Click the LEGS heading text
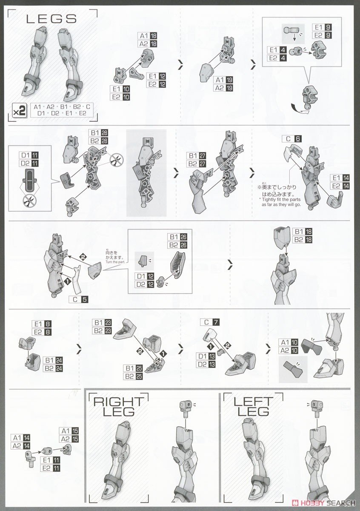pyautogui.click(x=51, y=19)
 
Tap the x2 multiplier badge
pyautogui.click(x=20, y=111)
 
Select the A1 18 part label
pyautogui.click(x=148, y=36)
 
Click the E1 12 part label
pyautogui.click(x=156, y=76)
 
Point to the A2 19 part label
pyautogui.click(x=223, y=88)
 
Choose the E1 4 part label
pyautogui.click(x=277, y=50)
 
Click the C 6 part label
pyautogui.click(x=292, y=139)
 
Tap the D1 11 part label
pyautogui.click(x=29, y=155)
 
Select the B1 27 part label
pyautogui.click(x=196, y=156)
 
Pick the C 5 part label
pyautogui.click(x=78, y=299)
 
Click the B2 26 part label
pyautogui.click(x=177, y=245)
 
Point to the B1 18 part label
pyautogui.click(x=302, y=232)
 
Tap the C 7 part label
pyautogui.click(x=210, y=322)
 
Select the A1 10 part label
pyautogui.click(x=289, y=342)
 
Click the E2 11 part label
pyautogui.click(x=50, y=468)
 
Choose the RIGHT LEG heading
pyautogui.click(x=119, y=407)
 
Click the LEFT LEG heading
pyautogui.click(x=253, y=407)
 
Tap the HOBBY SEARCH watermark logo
pyautogui.click(x=323, y=502)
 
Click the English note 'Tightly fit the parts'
pyautogui.click(x=280, y=199)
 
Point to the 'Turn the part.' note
pyautogui.click(x=115, y=262)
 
